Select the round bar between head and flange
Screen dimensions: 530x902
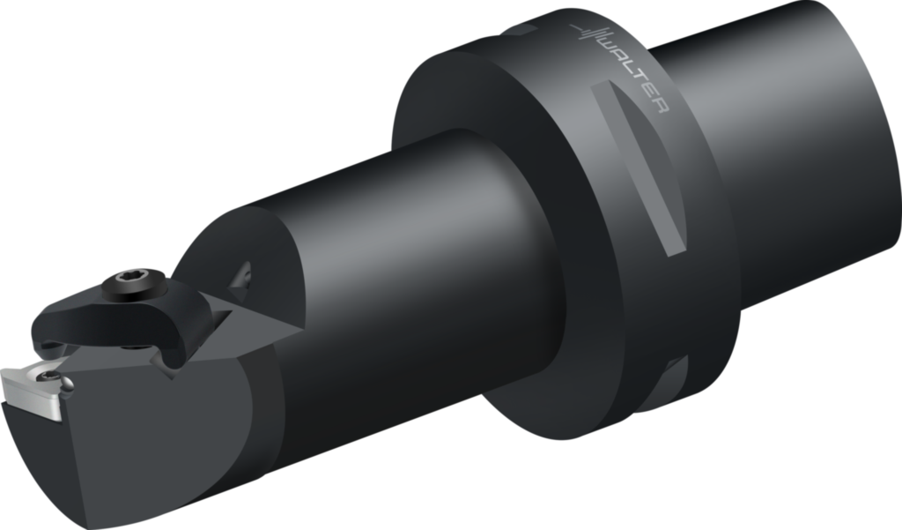coord(396,265)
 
